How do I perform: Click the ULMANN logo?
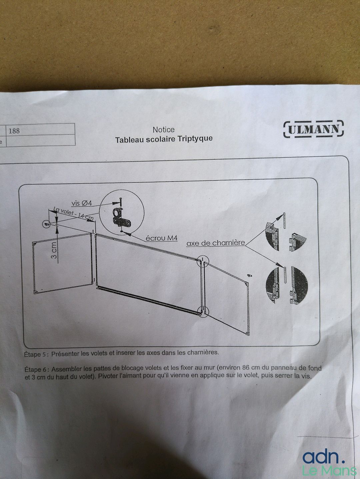pos(313,129)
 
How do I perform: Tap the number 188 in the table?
pos(14,131)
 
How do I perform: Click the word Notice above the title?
pos(164,130)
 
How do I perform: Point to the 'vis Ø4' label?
pos(82,203)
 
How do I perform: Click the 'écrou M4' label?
pos(162,238)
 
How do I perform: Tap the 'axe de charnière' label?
pos(215,243)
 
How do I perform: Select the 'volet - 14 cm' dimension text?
pos(74,214)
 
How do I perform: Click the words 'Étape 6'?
pos(35,369)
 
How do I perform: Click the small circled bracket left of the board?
pos(46,224)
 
